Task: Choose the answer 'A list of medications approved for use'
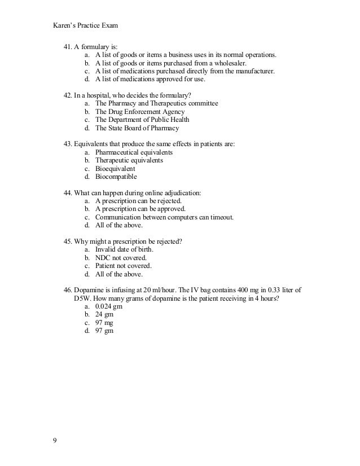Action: pyautogui.click(x=150, y=80)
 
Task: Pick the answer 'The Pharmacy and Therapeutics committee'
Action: pyautogui.click(x=156, y=104)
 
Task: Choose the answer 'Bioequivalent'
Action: pyautogui.click(x=115, y=169)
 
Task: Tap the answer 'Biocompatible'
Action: pyautogui.click(x=116, y=177)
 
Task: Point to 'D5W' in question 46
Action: pyautogui.click(x=83, y=298)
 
